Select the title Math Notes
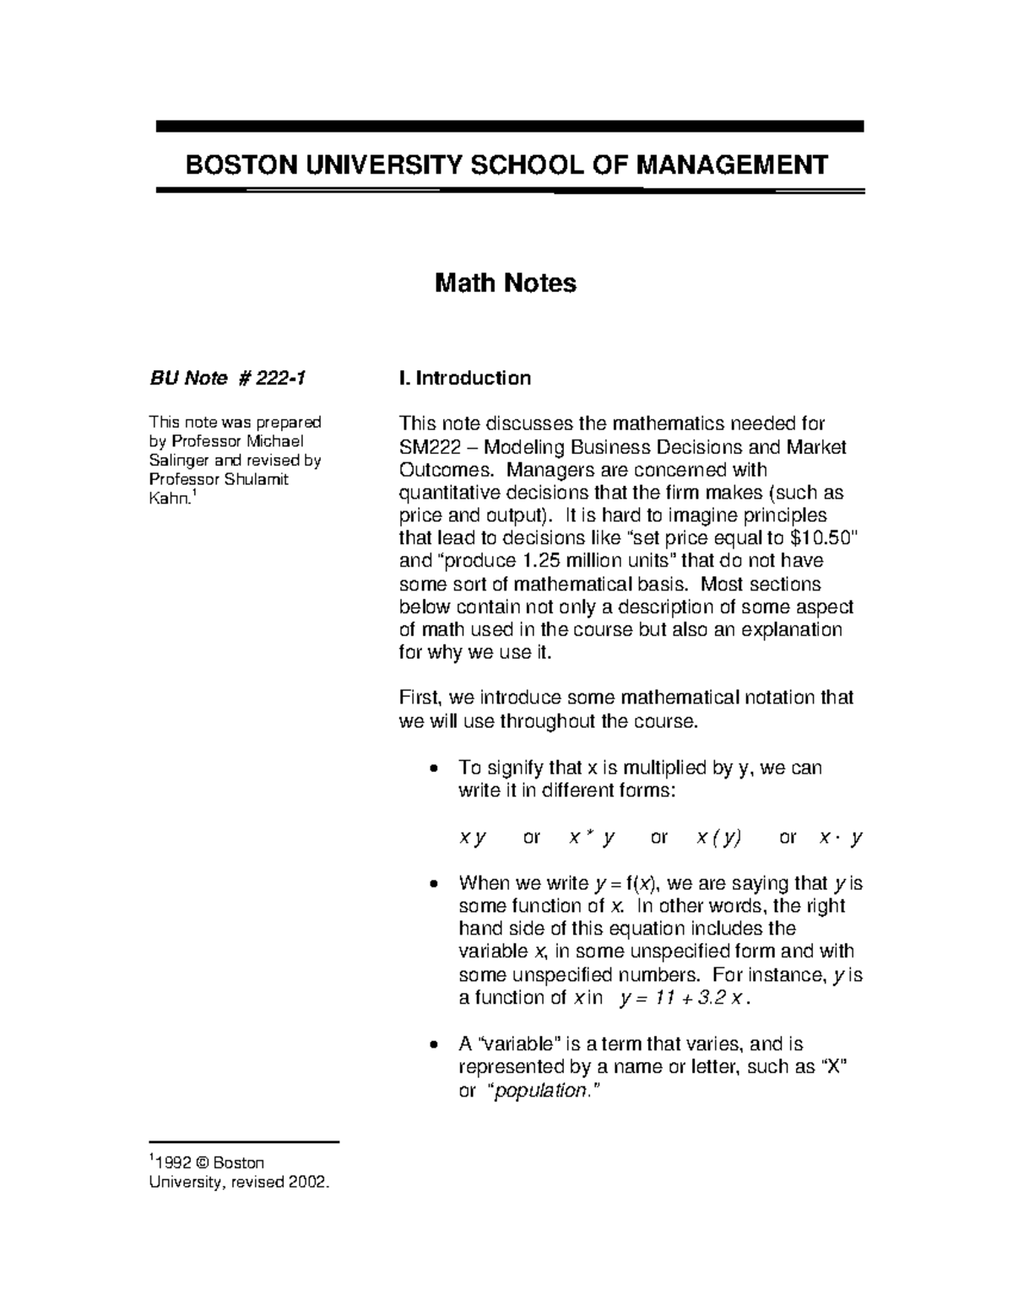tap(505, 283)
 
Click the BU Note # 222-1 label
tap(227, 378)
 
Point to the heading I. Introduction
tap(464, 378)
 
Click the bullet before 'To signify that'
tap(433, 769)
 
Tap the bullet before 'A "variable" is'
tap(433, 1045)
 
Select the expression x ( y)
tap(718, 838)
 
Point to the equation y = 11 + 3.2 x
tap(684, 999)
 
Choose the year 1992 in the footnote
tap(169, 1163)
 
